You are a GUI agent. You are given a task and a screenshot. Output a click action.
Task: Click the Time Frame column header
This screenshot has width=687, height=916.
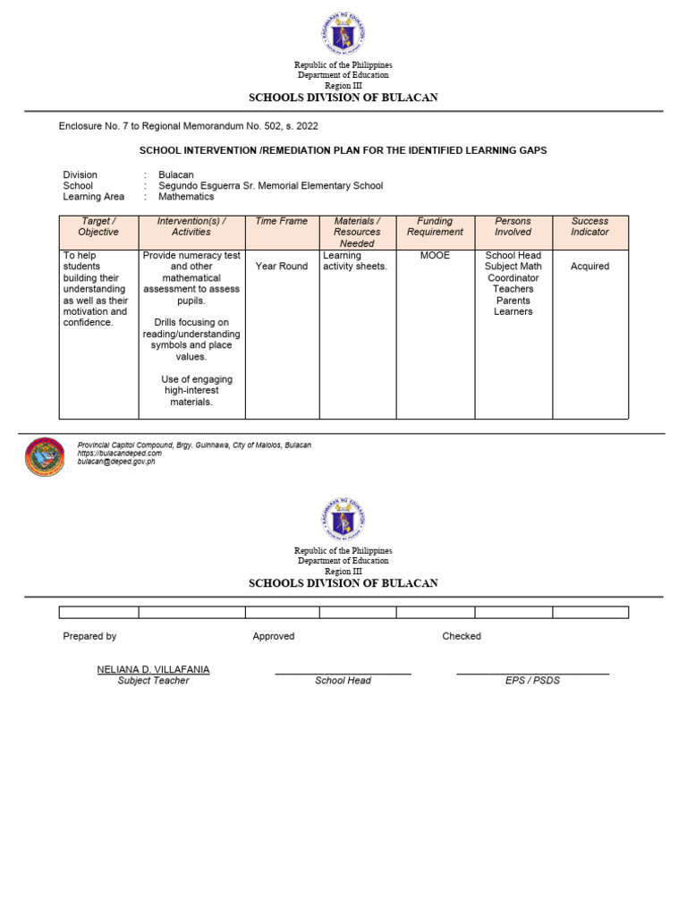click(x=281, y=221)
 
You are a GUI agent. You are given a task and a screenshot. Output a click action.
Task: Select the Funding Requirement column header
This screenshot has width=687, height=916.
click(x=435, y=226)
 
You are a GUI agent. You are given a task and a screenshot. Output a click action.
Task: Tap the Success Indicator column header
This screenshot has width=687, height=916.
click(x=589, y=226)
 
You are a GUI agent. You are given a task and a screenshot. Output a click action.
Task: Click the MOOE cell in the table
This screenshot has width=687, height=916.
click(x=435, y=256)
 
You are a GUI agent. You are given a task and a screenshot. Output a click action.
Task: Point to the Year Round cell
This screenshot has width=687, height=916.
click(x=281, y=267)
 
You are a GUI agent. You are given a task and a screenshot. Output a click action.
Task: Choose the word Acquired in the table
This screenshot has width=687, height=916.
click(x=589, y=267)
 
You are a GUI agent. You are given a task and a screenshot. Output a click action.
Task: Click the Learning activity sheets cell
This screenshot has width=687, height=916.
click(x=355, y=261)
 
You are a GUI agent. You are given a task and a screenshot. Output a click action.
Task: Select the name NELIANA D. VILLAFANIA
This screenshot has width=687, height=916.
click(x=153, y=669)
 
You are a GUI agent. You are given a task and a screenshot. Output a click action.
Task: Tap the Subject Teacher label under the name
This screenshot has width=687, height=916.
click(x=153, y=681)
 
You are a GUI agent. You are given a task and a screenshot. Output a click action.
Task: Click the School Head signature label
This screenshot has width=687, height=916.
click(x=343, y=681)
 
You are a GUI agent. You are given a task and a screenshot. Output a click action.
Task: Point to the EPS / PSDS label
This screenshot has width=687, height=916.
click(x=532, y=681)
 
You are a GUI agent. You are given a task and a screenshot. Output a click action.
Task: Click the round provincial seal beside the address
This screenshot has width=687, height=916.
click(x=45, y=456)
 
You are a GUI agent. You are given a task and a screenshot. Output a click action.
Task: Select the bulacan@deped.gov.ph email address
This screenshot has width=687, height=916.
click(x=116, y=462)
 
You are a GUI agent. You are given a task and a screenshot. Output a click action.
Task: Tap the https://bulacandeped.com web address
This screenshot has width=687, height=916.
click(x=120, y=454)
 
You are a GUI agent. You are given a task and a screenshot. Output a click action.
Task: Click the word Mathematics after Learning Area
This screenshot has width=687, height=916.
click(x=186, y=197)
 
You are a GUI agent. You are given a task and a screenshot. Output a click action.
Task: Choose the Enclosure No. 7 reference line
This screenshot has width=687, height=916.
click(x=188, y=126)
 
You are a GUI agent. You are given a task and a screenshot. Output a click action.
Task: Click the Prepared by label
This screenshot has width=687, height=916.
click(x=89, y=636)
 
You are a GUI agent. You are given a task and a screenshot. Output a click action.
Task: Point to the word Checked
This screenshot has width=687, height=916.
click(x=462, y=636)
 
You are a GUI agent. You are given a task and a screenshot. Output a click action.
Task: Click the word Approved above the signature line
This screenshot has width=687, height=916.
click(x=273, y=636)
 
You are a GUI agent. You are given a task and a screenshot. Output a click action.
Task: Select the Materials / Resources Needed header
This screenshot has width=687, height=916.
click(x=357, y=232)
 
